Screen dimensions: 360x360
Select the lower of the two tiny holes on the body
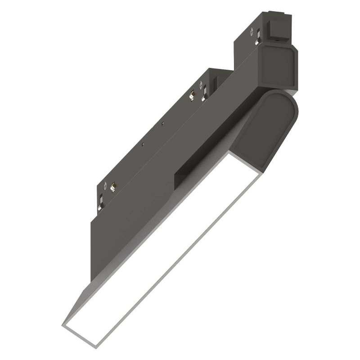click(x=142, y=145)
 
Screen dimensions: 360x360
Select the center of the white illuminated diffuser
click(x=162, y=245)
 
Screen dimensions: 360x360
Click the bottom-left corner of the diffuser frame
click(x=63, y=324)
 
